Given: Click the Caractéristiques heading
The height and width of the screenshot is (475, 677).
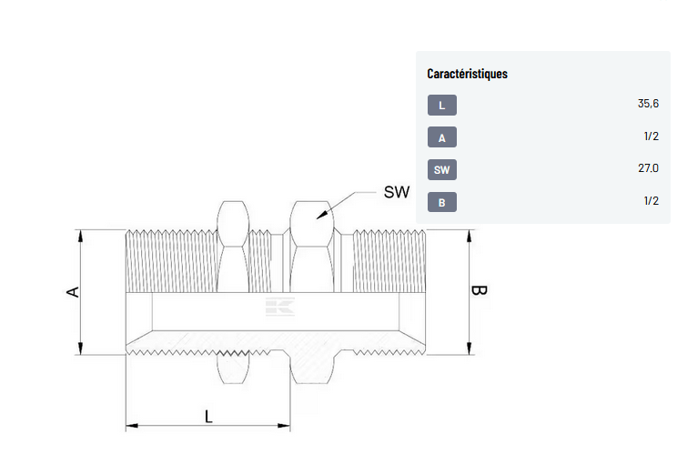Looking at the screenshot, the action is pyautogui.click(x=467, y=74).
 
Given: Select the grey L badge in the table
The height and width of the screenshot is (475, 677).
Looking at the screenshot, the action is pyautogui.click(x=442, y=105).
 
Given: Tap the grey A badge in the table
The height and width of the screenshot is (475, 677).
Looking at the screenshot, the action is pyautogui.click(x=442, y=137).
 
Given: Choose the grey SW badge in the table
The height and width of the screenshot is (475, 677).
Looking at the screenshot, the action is pyautogui.click(x=442, y=169).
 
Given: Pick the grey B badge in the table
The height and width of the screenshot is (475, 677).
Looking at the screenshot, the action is pyautogui.click(x=442, y=202).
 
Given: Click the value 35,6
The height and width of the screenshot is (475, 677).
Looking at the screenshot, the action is pyautogui.click(x=648, y=104).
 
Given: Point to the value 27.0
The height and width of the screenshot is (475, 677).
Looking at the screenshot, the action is pyautogui.click(x=648, y=168).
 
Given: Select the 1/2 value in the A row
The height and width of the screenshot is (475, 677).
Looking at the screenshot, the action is pyautogui.click(x=652, y=136).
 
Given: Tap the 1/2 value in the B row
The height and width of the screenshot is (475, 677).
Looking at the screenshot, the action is pyautogui.click(x=652, y=200).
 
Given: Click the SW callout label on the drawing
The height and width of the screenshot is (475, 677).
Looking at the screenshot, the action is pyautogui.click(x=397, y=192).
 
